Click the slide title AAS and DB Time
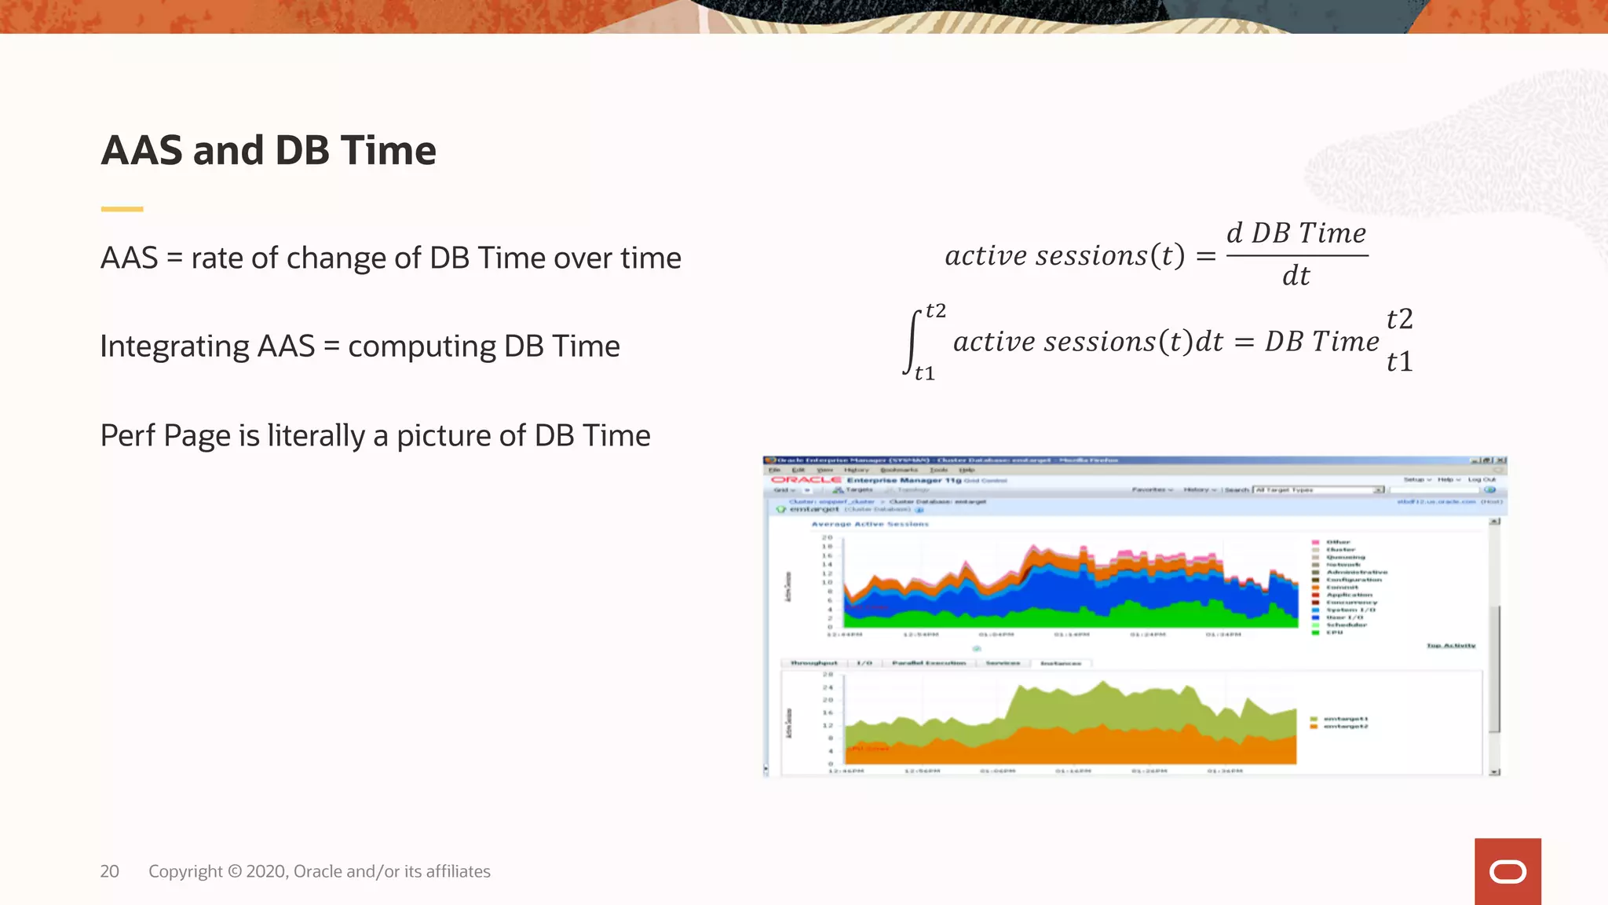click(269, 150)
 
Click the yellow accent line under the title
click(122, 209)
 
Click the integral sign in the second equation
click(913, 343)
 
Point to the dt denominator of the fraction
click(1296, 276)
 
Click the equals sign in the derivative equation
click(1206, 256)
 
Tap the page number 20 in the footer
click(109, 871)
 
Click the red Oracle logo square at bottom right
click(1507, 871)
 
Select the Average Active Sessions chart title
click(870, 524)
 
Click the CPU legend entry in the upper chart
click(1334, 632)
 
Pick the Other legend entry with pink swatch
click(1338, 542)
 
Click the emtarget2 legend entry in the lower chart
click(1345, 727)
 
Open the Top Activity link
click(1451, 646)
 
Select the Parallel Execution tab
click(929, 663)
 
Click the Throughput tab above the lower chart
click(813, 663)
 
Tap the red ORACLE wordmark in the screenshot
click(806, 480)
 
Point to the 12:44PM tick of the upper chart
click(845, 634)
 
